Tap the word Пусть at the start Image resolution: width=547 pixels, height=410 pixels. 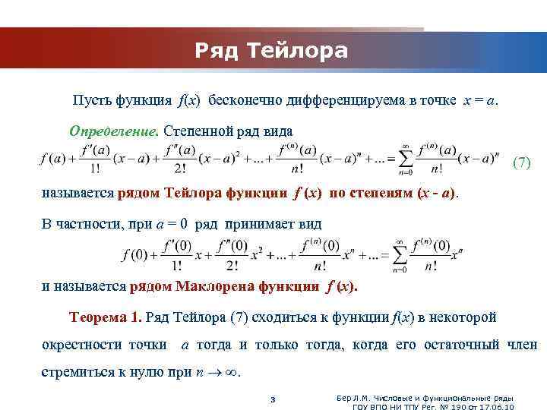click(90, 100)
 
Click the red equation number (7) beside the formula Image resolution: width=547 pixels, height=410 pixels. click(522, 162)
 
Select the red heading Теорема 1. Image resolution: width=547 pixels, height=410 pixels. click(105, 317)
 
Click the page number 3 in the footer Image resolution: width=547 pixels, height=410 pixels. click(273, 400)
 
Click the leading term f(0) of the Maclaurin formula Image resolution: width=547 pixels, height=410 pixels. click(134, 255)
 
